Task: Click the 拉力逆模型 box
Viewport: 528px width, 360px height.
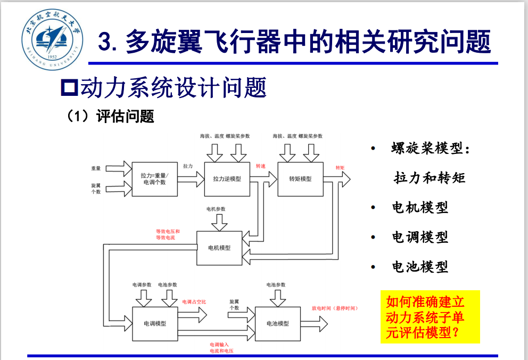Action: tap(227, 179)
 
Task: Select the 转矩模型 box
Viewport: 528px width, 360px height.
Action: tap(300, 179)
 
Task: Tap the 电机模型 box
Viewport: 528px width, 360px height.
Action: tap(219, 248)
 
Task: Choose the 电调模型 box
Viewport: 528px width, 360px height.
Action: tap(155, 323)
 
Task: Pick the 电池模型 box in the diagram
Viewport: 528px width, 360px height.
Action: tap(277, 323)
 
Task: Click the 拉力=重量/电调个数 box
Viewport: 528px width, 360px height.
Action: tap(154, 179)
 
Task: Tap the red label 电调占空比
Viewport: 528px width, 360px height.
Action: tap(194, 302)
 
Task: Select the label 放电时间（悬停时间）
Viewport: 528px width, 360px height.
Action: tap(334, 308)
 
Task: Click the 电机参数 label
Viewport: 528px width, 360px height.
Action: tap(216, 209)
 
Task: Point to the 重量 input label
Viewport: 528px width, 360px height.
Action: tap(96, 168)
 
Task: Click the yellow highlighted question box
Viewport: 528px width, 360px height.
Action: tap(430, 317)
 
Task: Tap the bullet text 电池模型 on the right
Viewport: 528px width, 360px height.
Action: tap(420, 266)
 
